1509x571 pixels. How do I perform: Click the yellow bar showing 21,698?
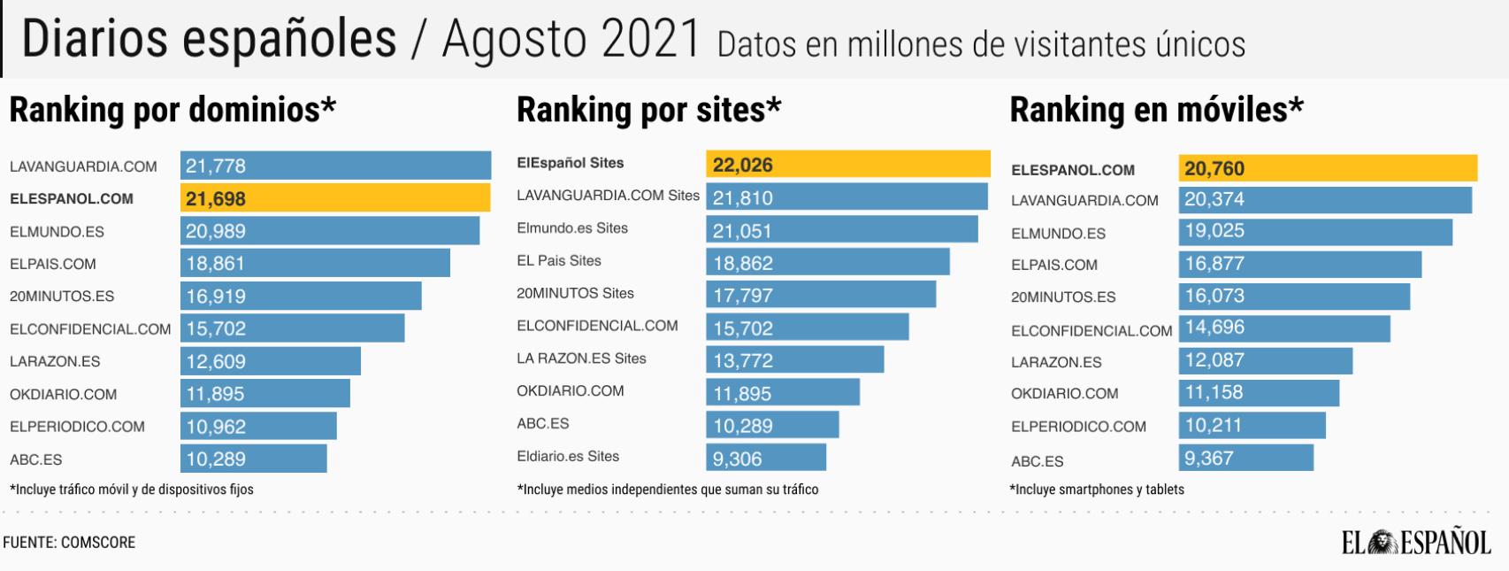point(335,198)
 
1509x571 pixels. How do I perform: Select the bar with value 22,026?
point(847,165)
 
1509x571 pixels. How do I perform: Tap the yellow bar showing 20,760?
point(1327,168)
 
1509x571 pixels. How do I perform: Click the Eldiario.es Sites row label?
point(568,457)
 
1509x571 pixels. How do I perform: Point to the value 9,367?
point(1208,459)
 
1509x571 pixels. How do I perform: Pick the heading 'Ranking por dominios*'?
point(172,111)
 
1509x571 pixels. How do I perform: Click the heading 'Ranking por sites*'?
point(648,111)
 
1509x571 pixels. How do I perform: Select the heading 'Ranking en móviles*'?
point(1156,111)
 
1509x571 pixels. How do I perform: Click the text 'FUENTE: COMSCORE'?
point(69,543)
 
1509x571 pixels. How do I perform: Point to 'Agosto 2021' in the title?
point(571,40)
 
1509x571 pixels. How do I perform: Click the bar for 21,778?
point(335,166)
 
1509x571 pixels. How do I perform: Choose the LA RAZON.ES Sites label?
point(581,359)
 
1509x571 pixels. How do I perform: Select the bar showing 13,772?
point(794,360)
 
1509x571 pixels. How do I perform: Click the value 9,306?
point(737,459)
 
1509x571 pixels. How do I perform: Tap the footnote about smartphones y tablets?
point(1097,490)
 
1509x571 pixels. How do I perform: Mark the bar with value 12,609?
point(270,361)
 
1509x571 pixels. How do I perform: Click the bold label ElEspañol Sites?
point(571,163)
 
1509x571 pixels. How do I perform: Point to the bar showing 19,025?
point(1314,232)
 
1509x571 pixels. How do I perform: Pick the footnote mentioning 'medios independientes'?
point(668,490)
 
